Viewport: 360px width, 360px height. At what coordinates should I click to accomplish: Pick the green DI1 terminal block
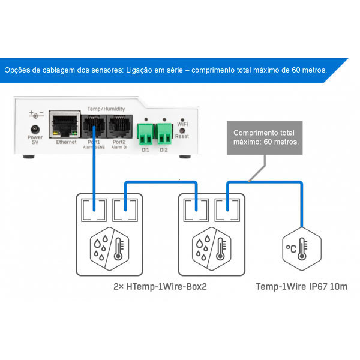coord(145,131)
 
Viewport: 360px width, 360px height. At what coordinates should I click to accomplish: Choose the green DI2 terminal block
coord(164,131)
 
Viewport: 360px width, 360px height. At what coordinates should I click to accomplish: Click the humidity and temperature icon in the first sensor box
coord(107,247)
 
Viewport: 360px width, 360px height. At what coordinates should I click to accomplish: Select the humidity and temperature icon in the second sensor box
coord(211,247)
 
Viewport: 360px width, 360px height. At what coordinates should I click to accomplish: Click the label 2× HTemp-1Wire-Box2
coord(160,287)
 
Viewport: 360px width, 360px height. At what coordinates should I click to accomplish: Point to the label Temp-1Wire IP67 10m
coord(302,287)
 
